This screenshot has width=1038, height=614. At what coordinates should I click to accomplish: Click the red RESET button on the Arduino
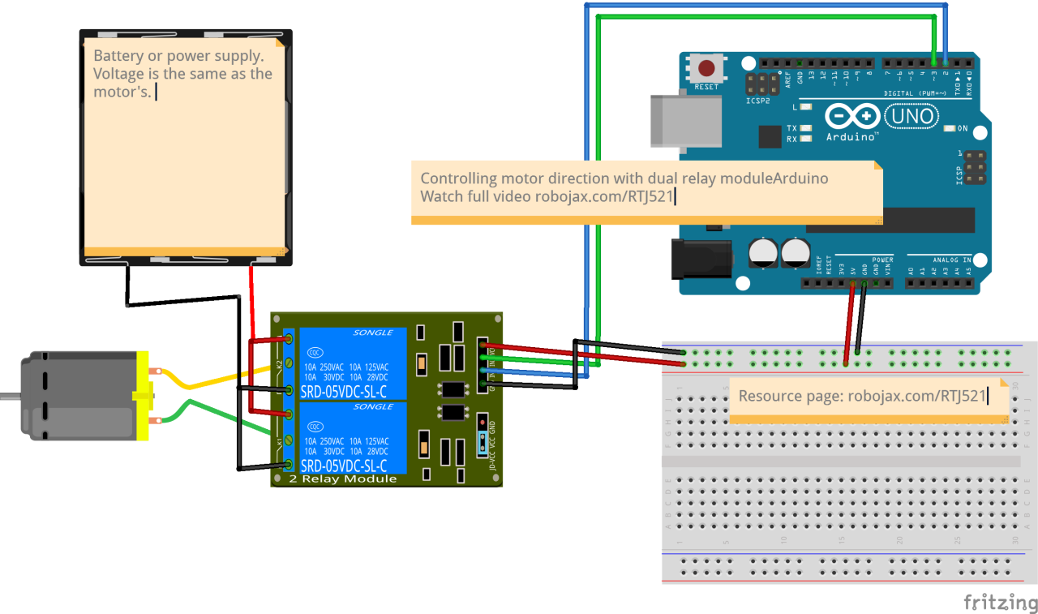tap(707, 67)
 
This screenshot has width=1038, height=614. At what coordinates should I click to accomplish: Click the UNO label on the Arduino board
tap(911, 117)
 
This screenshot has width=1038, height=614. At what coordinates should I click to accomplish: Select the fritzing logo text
tap(1000, 603)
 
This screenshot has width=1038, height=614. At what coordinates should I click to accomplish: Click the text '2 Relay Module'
tap(343, 479)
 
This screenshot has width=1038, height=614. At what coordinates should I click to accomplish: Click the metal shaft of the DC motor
tap(9, 397)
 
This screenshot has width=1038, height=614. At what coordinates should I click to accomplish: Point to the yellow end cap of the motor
tap(143, 396)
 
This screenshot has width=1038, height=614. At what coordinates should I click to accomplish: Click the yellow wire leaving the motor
tap(211, 380)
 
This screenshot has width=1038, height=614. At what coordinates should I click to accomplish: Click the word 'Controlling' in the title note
tap(458, 178)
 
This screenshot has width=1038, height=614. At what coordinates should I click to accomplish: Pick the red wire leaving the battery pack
tap(251, 300)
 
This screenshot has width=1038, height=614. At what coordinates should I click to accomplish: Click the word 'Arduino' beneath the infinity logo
tap(851, 136)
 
